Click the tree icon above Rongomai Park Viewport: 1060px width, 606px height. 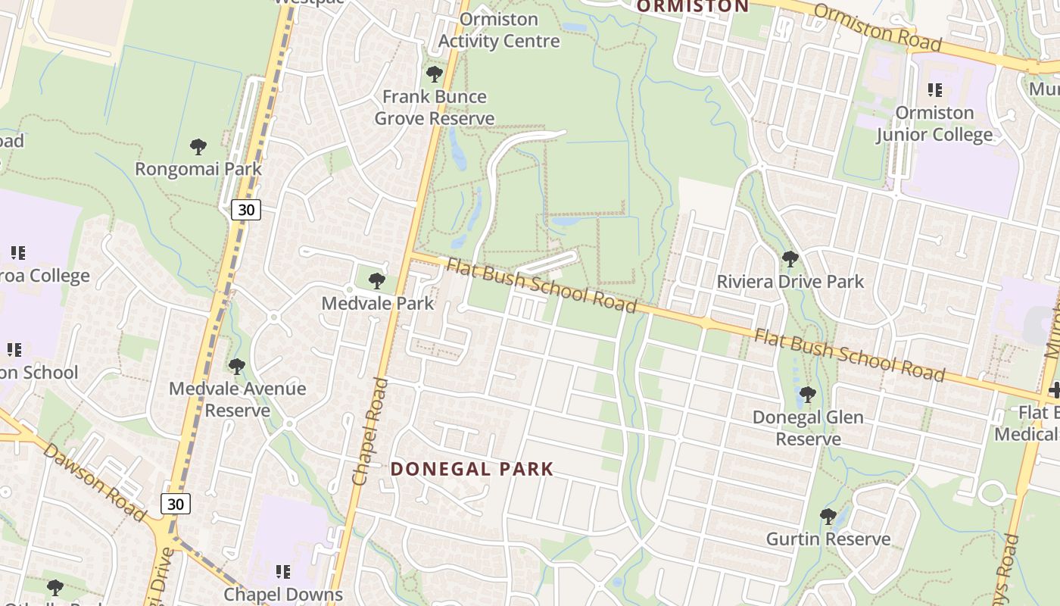coord(198,146)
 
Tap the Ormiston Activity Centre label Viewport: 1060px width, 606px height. coord(499,30)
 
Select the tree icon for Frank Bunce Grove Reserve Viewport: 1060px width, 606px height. coord(435,74)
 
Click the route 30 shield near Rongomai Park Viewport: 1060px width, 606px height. coord(246,210)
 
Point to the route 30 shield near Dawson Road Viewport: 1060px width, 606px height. coord(175,504)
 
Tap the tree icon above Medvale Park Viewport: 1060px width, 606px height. coord(376,281)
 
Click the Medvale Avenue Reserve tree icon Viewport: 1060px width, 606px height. coord(237,367)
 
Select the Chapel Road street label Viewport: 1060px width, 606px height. coord(370,432)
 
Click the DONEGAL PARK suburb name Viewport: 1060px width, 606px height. coord(472,469)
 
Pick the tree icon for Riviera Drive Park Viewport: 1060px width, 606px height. coord(790,259)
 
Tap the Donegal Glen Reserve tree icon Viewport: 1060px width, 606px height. coord(808,395)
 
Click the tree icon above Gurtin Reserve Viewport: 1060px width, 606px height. coord(828,517)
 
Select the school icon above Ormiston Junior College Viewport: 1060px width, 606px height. coord(935,90)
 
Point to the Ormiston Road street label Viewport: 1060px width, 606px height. coord(878,28)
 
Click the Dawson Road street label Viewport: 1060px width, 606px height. coord(94,483)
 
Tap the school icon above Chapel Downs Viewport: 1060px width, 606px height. coord(283,571)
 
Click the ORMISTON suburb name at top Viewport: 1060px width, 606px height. coord(692,7)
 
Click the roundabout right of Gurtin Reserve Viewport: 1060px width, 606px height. coord(991,493)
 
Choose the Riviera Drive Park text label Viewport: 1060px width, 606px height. coord(790,282)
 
